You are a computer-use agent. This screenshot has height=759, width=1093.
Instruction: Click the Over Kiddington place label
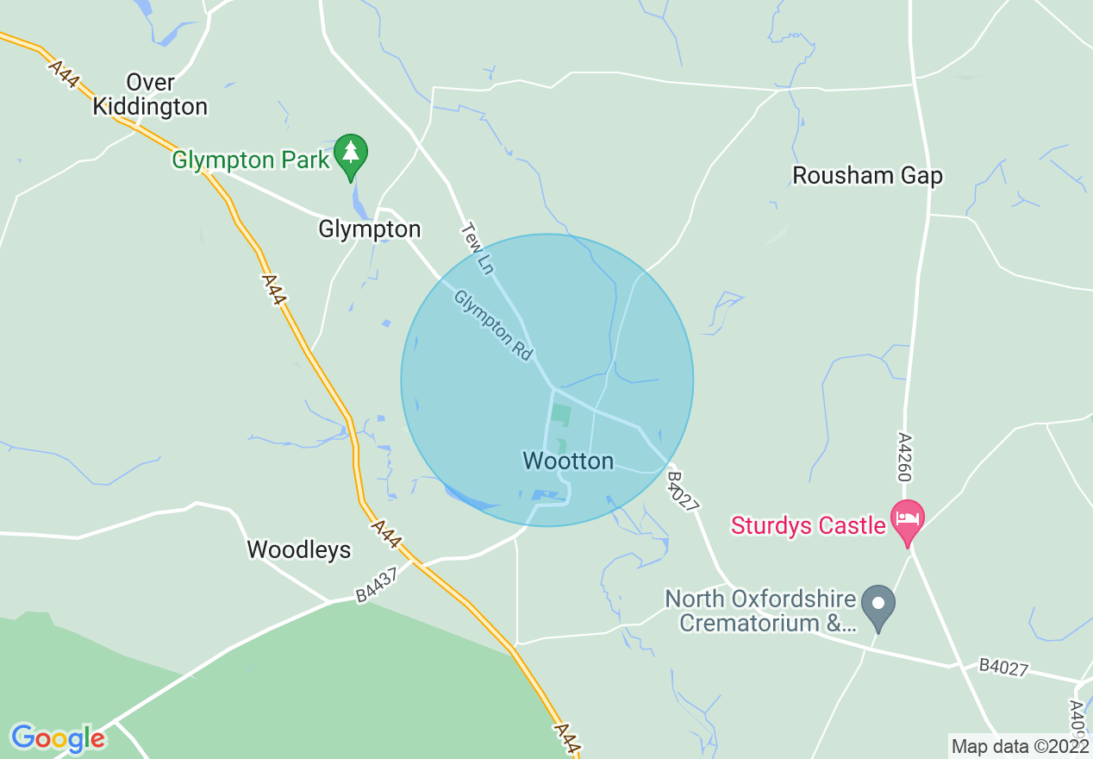click(x=150, y=95)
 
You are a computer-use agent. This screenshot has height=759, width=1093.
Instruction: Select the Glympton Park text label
click(x=251, y=160)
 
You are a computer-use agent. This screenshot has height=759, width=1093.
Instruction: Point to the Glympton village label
click(x=370, y=229)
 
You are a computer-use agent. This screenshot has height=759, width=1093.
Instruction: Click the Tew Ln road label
click(x=477, y=249)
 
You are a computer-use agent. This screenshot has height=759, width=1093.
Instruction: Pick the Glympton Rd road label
click(x=494, y=325)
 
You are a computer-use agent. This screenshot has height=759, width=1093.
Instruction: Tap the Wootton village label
click(x=568, y=461)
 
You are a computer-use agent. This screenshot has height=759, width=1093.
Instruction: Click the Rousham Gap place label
click(x=867, y=175)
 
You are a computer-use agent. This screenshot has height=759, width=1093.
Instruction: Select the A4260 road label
click(x=904, y=456)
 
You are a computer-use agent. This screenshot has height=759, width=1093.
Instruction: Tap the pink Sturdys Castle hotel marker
click(x=907, y=519)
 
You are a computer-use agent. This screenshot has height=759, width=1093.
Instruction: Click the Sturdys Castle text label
click(x=809, y=524)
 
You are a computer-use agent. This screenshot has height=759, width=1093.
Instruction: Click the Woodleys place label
click(x=299, y=549)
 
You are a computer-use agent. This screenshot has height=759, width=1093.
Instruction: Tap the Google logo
click(x=58, y=738)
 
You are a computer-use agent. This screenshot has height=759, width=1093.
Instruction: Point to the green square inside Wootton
click(x=560, y=413)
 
